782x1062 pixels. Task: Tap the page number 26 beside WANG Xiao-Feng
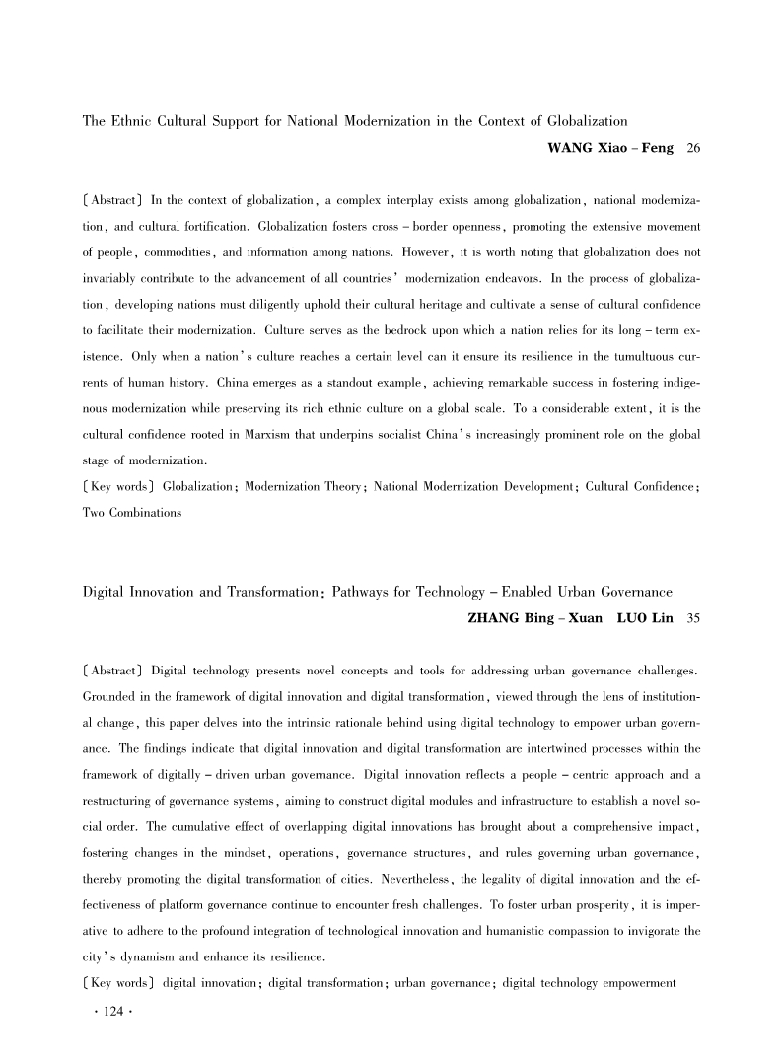(692, 148)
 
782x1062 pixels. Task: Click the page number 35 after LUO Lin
(692, 619)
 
